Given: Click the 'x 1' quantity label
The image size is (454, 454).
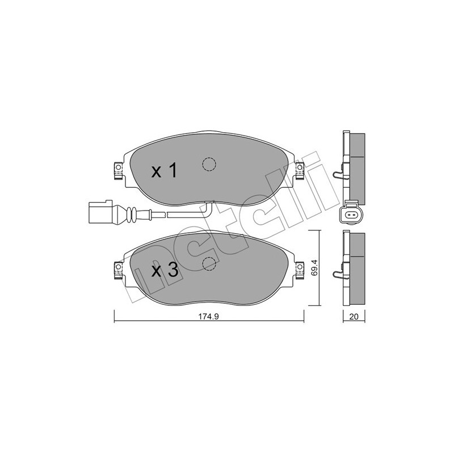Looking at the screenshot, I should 165,171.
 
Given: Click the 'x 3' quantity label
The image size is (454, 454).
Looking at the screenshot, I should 165,271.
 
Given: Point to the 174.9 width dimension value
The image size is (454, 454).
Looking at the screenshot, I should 209,318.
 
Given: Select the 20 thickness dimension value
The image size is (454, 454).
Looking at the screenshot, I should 354,318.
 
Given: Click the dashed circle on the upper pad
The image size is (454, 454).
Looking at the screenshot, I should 209,163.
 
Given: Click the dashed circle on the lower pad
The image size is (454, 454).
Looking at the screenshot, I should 209,264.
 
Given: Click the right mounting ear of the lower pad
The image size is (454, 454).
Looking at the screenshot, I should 300,266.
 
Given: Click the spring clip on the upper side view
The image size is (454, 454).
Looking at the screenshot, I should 339,174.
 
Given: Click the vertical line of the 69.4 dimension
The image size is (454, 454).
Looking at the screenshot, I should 318,267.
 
